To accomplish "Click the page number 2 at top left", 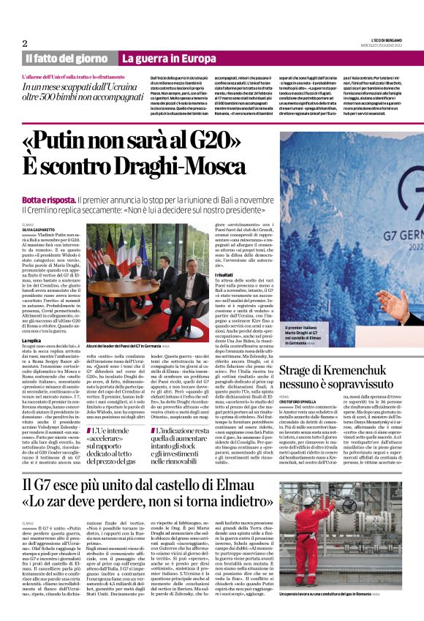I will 25,42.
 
